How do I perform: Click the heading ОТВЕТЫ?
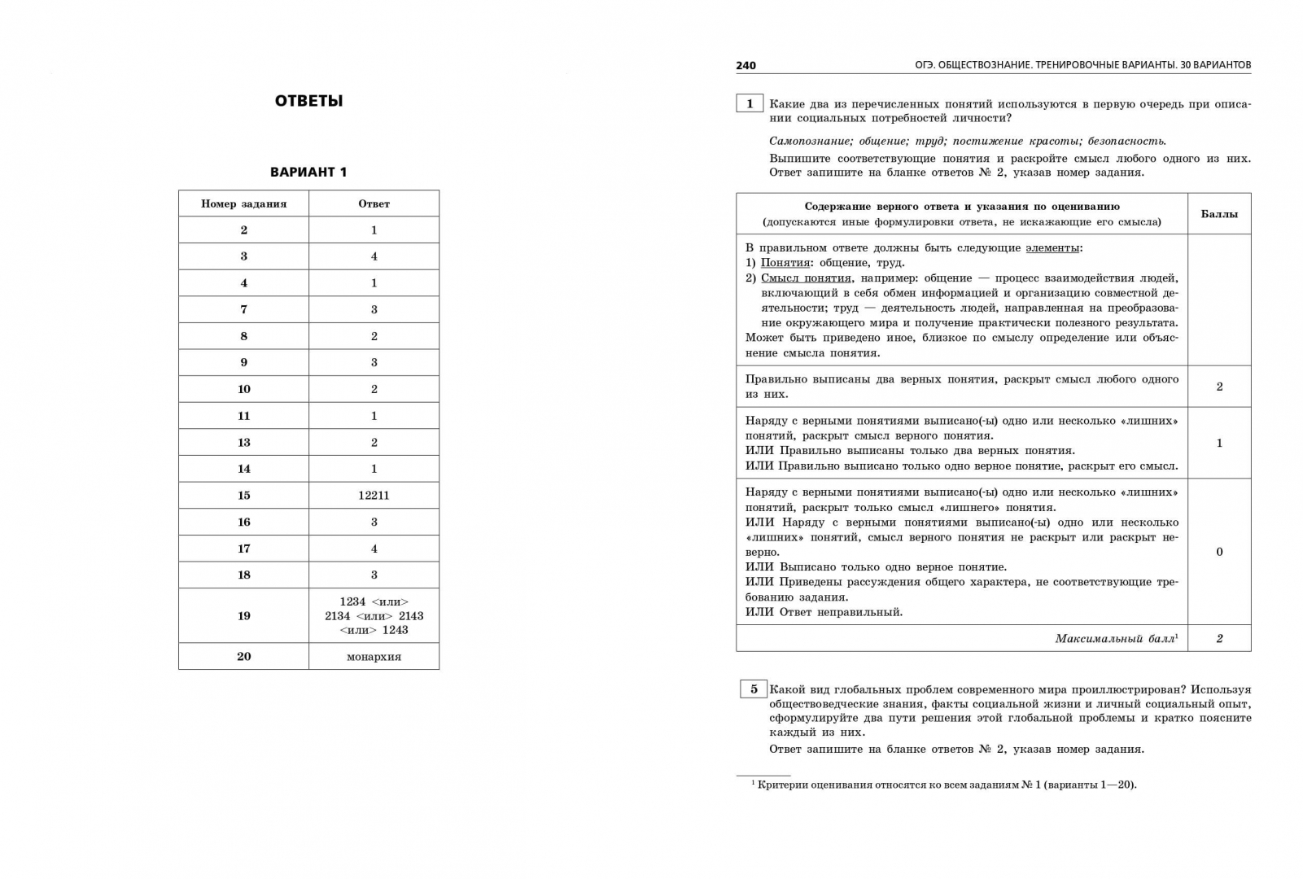pyautogui.click(x=308, y=101)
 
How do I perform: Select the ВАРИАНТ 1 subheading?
pyautogui.click(x=308, y=172)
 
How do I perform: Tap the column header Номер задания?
pyautogui.click(x=243, y=203)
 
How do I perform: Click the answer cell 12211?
pyautogui.click(x=374, y=495)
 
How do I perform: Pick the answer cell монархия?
pyautogui.click(x=374, y=656)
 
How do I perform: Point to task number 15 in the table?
pyautogui.click(x=243, y=495)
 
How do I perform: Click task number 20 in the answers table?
pyautogui.click(x=243, y=656)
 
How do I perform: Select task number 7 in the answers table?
pyautogui.click(x=243, y=309)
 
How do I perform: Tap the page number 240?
pyautogui.click(x=746, y=65)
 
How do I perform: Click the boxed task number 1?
pyautogui.click(x=750, y=103)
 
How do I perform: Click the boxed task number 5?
pyautogui.click(x=753, y=689)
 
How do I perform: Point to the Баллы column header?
pyautogui.click(x=1218, y=214)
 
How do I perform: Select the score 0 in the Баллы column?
pyautogui.click(x=1218, y=552)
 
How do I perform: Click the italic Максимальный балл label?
pyautogui.click(x=1116, y=639)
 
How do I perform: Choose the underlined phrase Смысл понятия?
pyautogui.click(x=806, y=278)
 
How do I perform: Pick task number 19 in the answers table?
pyautogui.click(x=243, y=615)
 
